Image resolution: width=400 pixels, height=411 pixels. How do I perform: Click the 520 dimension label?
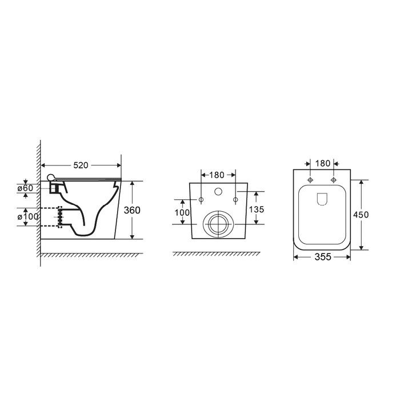[81, 166]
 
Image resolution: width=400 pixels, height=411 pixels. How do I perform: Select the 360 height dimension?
[132, 210]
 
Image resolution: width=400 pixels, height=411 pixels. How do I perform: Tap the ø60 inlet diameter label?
[25, 188]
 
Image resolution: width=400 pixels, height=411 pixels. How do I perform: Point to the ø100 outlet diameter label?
[28, 217]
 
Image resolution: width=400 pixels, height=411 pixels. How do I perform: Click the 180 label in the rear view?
[217, 175]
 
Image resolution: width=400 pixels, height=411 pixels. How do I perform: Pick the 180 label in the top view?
[323, 163]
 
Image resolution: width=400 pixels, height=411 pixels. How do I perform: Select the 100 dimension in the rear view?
[182, 212]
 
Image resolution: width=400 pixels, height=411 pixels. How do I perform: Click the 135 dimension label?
[257, 209]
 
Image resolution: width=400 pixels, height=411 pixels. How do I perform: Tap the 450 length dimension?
[361, 215]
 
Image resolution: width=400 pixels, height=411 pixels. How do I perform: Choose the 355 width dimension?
[323, 257]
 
